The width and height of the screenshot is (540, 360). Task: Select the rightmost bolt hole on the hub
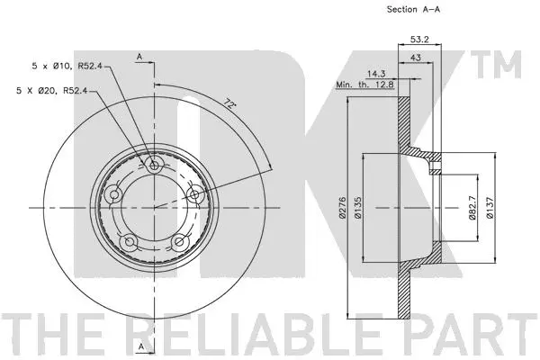click(x=193, y=193)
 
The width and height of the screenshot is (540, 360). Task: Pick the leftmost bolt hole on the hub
click(x=115, y=195)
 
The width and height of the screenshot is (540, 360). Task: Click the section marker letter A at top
click(x=140, y=57)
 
